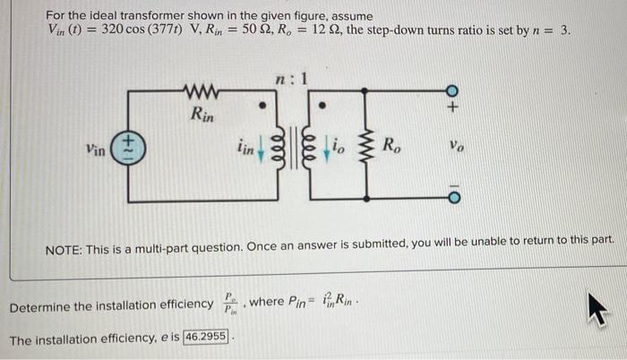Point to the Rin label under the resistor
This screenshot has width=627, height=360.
pos(202,114)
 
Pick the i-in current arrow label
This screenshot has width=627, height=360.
pos(245,150)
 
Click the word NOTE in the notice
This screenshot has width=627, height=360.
pos(64,241)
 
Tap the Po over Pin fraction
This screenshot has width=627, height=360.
pos(232,304)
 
